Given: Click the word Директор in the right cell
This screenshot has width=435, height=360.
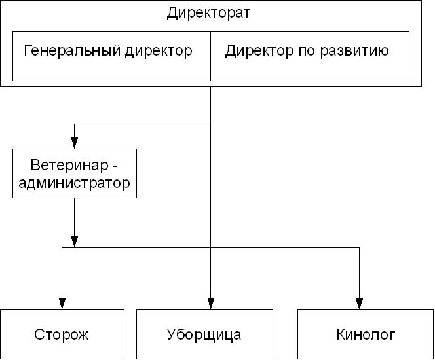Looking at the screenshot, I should (257, 51).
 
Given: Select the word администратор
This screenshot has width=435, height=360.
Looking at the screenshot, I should (74, 183).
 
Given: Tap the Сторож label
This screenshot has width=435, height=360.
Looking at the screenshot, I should (61, 335).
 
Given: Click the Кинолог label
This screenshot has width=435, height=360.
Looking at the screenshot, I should (366, 335).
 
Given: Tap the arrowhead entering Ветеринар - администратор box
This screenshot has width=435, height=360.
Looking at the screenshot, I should (74, 143).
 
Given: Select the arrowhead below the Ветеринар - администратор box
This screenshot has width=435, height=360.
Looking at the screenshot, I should (74, 241).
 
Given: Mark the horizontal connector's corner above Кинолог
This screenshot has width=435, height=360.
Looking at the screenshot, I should (360, 248).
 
